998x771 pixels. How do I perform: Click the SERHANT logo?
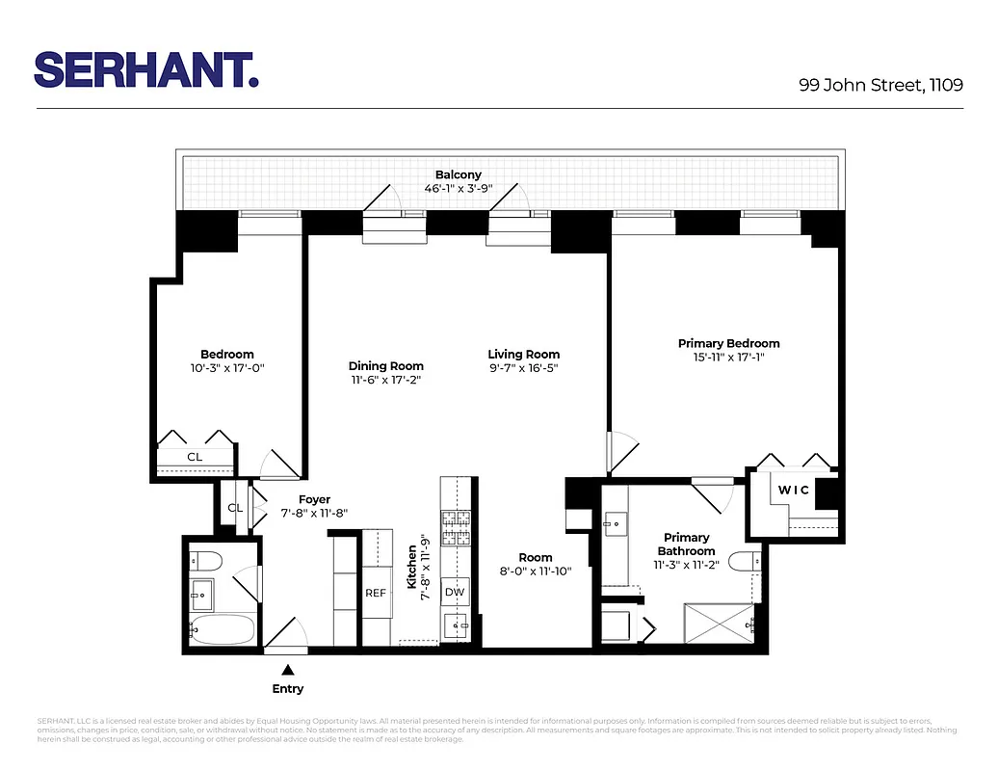click(x=146, y=69)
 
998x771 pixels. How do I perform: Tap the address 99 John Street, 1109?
click(x=880, y=85)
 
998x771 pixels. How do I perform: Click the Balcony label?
click(x=458, y=174)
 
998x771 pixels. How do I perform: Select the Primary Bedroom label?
click(x=728, y=343)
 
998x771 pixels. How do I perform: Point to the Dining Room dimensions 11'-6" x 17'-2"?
click(x=385, y=380)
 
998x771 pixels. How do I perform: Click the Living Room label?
click(x=523, y=354)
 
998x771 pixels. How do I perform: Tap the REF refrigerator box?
click(x=375, y=593)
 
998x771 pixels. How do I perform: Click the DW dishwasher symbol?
click(x=454, y=592)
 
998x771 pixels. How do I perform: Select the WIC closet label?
click(x=795, y=490)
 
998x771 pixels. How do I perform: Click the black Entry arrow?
click(x=287, y=669)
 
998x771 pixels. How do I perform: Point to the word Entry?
click(x=287, y=688)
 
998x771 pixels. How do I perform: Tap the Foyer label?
click(x=314, y=499)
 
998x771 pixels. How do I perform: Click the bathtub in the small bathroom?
click(x=223, y=631)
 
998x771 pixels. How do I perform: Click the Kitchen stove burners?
click(x=453, y=529)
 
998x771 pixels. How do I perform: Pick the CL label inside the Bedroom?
click(x=195, y=456)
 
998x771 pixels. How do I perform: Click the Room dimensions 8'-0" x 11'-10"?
click(x=536, y=571)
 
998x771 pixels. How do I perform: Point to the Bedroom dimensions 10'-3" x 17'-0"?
click(x=227, y=367)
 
